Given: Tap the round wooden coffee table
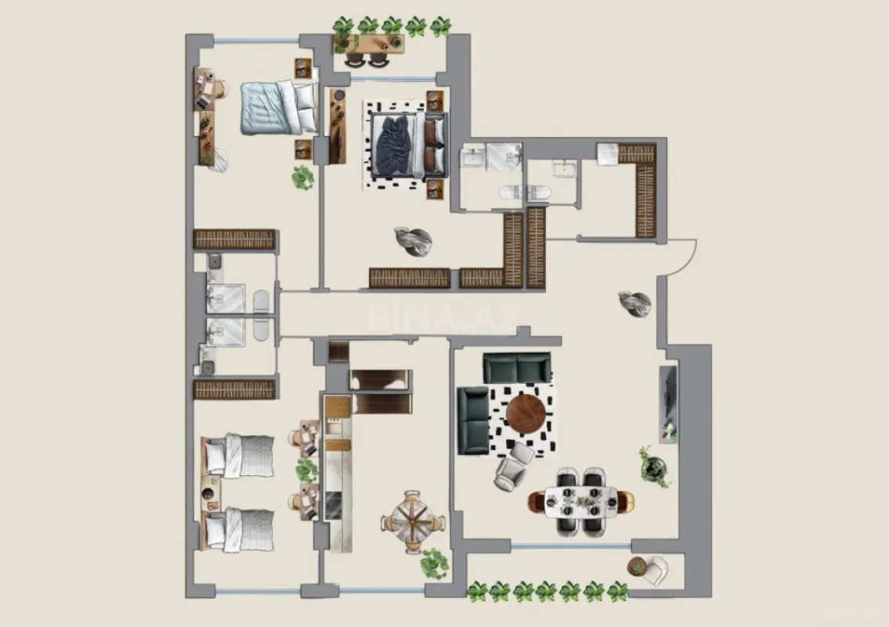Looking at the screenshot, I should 524,415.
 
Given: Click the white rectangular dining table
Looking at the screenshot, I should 581,501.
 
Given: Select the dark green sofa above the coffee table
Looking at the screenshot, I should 516,367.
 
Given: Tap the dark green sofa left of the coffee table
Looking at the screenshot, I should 473,419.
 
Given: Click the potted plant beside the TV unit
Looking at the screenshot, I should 654,467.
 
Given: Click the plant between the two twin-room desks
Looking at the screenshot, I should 307,470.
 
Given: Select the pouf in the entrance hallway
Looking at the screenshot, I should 634,303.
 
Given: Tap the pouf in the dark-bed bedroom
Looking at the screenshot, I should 413,240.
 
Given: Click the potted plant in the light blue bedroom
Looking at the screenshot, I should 303,178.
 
